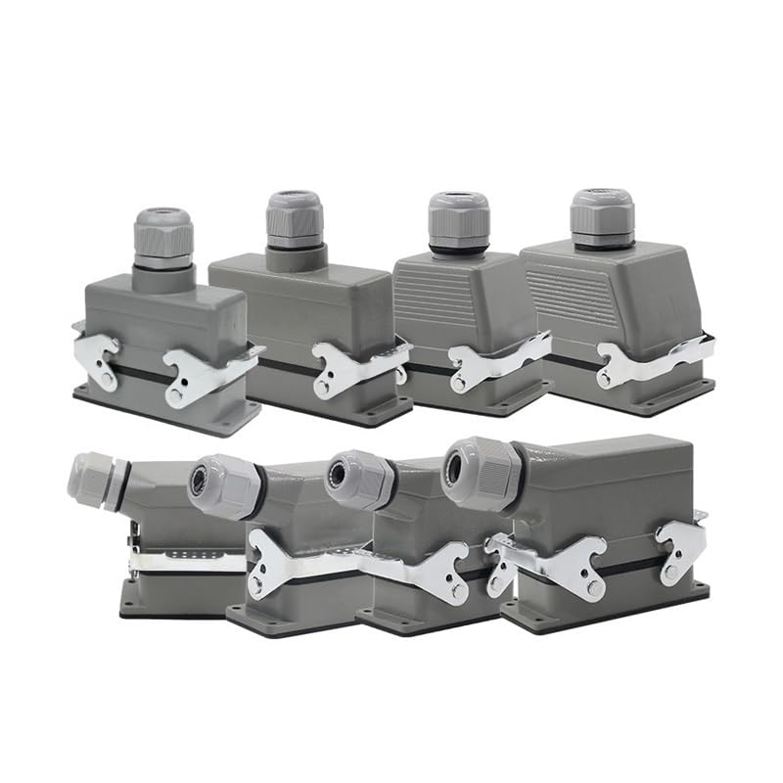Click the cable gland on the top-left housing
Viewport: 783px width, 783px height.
click(162, 238)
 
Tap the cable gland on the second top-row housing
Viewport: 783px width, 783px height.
click(293, 221)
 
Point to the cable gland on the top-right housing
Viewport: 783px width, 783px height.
click(601, 217)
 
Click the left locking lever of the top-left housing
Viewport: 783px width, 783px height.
click(98, 357)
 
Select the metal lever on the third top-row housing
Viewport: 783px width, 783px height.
click(489, 363)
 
